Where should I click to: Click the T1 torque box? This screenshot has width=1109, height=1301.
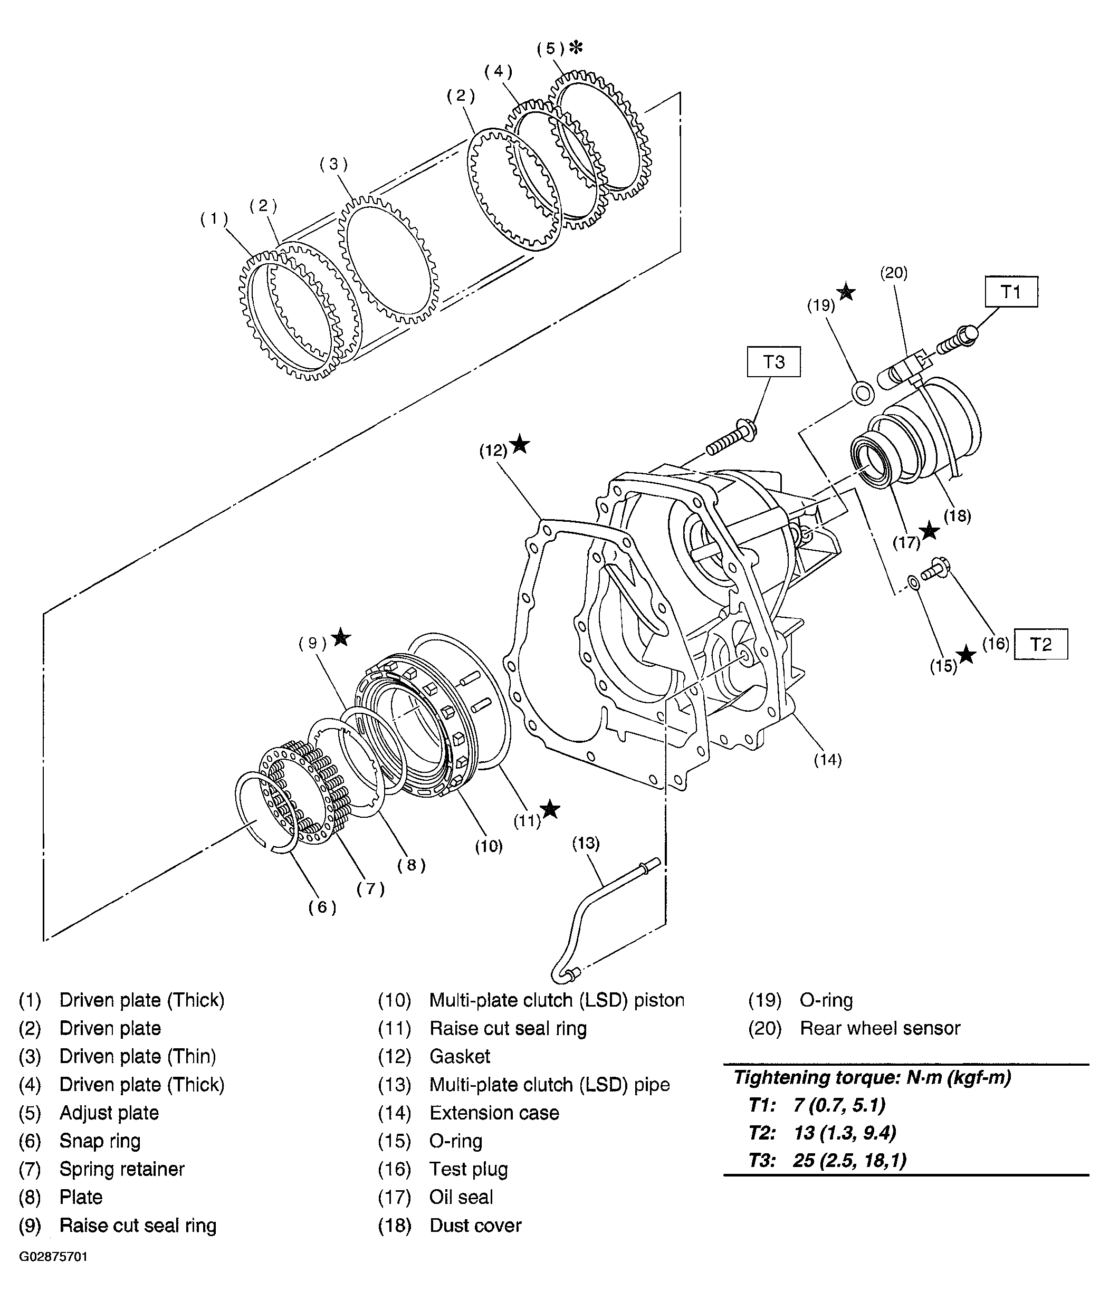point(1010,291)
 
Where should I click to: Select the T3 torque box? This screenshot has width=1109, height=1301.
point(773,362)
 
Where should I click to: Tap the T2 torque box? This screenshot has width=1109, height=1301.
point(1040,644)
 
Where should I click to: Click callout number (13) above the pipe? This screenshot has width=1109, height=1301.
point(586,843)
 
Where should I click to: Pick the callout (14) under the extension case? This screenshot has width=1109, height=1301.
point(828,760)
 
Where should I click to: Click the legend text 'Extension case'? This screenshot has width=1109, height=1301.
point(494,1113)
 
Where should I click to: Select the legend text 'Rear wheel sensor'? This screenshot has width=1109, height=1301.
point(880,1028)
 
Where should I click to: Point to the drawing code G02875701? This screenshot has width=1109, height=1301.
point(53,1256)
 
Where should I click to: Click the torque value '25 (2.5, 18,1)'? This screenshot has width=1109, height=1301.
point(849,1160)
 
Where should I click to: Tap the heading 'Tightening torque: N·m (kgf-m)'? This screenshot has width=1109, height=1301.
point(872,1077)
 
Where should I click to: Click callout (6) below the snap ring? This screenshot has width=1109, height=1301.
point(322,907)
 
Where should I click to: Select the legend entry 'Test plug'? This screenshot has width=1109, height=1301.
point(469,1169)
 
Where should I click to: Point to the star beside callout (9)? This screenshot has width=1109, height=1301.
point(340,637)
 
